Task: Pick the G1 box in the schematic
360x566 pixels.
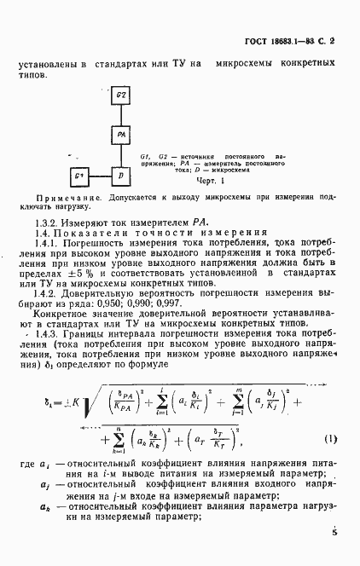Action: [x=78, y=176]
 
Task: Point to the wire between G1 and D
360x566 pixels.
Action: [x=100, y=176]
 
